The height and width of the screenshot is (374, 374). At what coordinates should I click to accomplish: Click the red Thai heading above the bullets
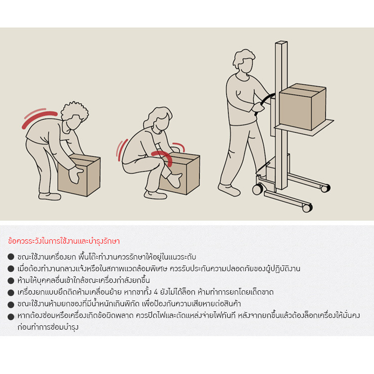pyautogui.click(x=64, y=242)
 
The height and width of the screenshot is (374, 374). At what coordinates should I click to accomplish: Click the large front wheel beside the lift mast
pyautogui.click(x=258, y=189)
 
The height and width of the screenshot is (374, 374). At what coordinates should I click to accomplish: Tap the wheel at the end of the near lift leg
pyautogui.click(x=307, y=208)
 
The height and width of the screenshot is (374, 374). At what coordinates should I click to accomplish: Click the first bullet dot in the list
pyautogui.click(x=11, y=257)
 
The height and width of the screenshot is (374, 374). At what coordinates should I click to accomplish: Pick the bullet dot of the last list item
pyautogui.click(x=11, y=316)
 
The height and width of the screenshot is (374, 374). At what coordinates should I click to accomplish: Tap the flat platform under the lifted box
pyautogui.click(x=304, y=126)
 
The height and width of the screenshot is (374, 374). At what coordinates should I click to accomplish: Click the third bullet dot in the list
pyautogui.click(x=11, y=280)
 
